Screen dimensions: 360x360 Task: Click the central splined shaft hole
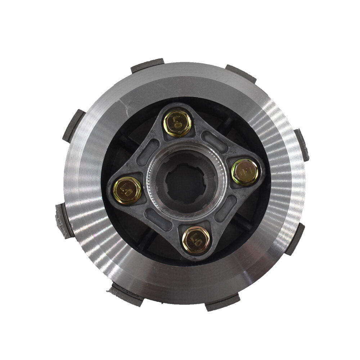click(x=186, y=181)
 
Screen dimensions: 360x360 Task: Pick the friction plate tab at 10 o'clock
click(x=73, y=126)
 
